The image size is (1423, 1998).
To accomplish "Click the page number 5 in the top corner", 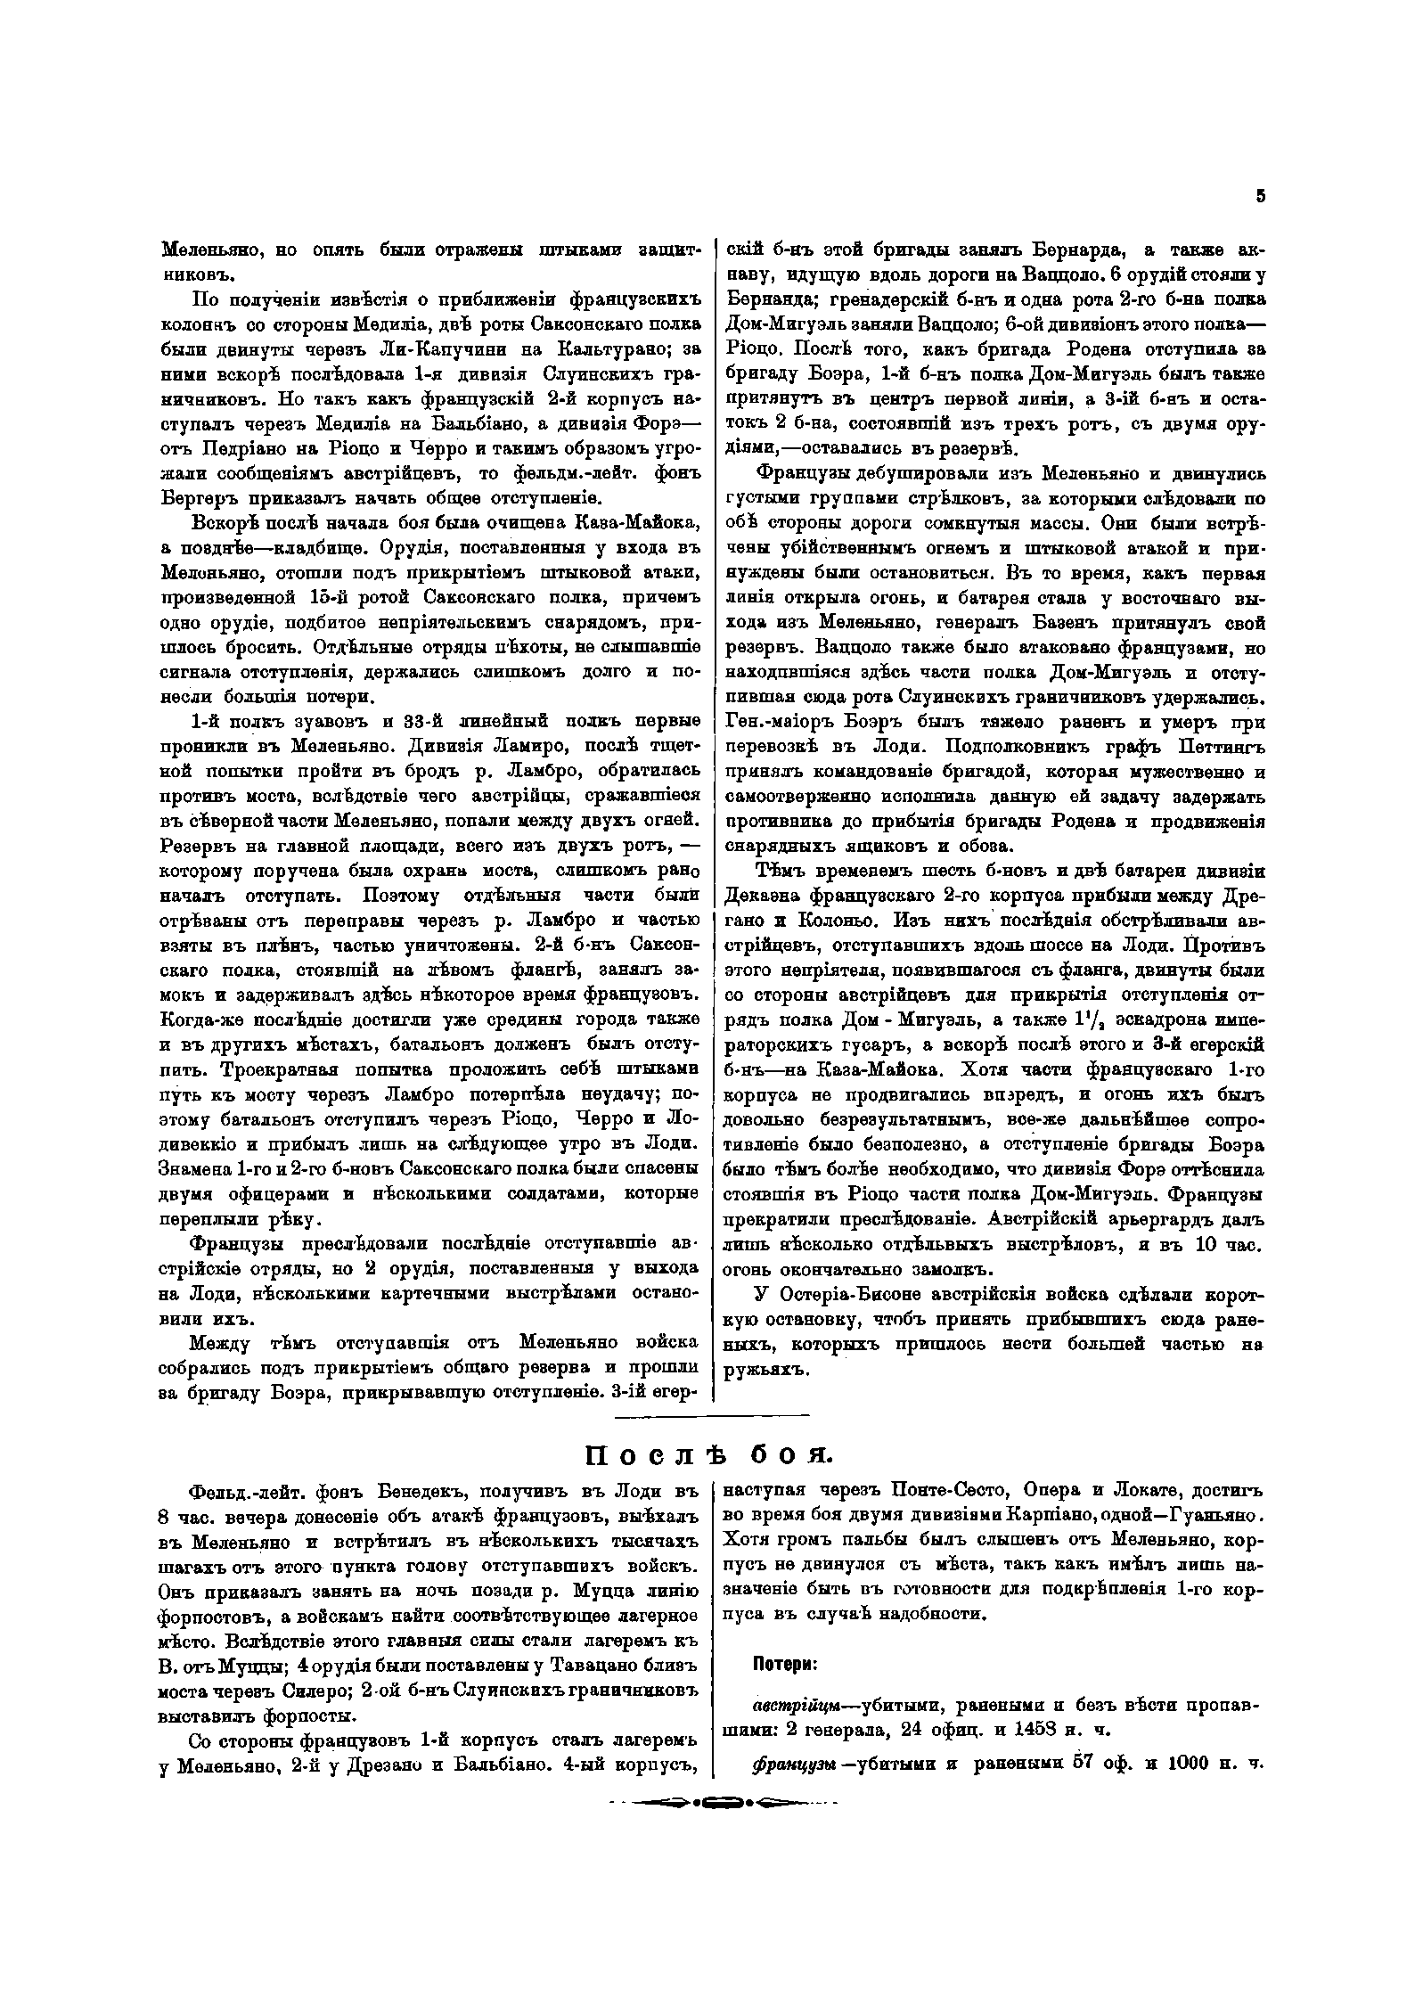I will pos(1260,197).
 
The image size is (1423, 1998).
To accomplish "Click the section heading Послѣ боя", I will pos(708,1453).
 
